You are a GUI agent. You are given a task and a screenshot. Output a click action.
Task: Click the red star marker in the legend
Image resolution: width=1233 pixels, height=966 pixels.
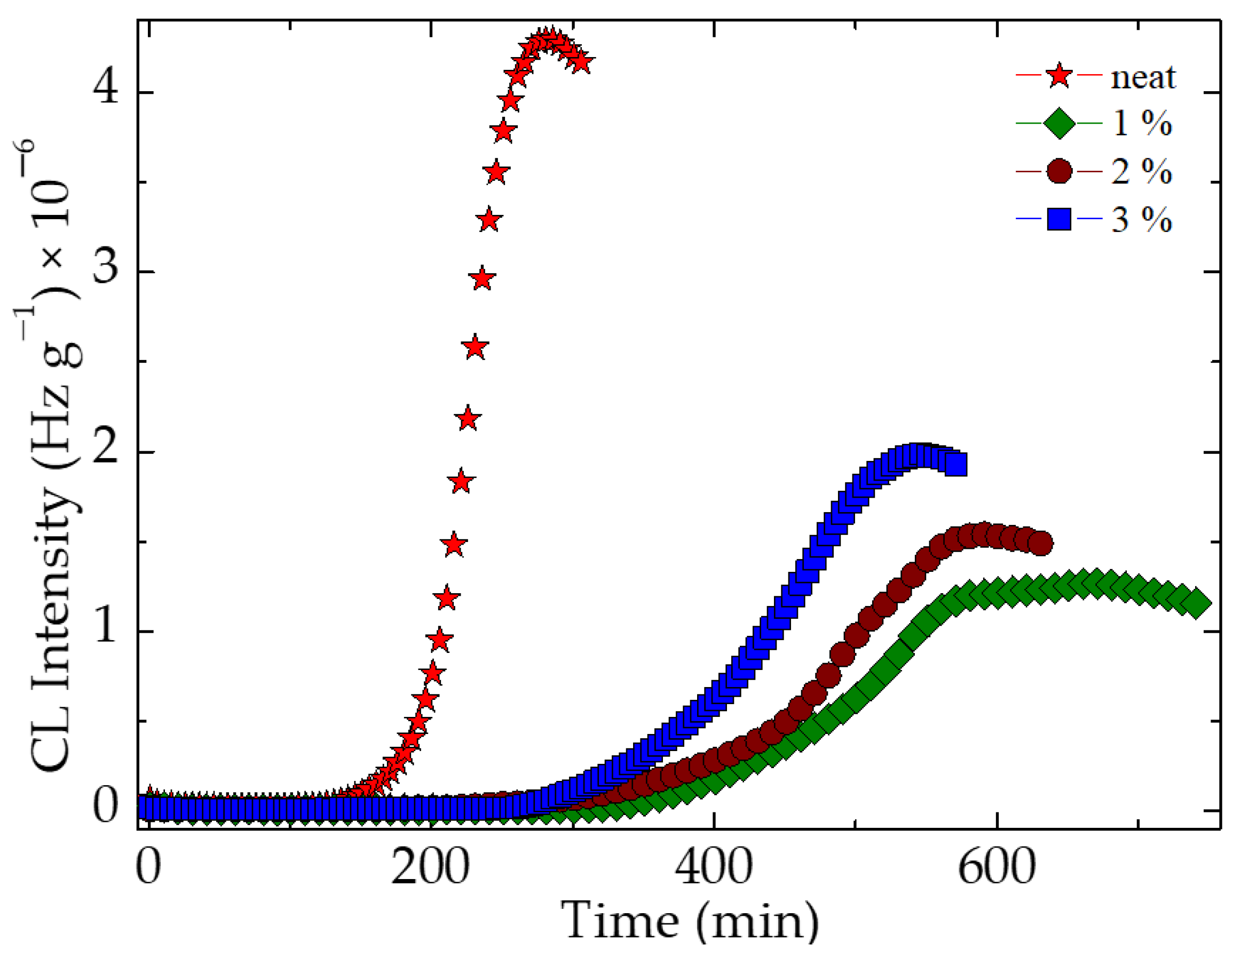coord(1058,76)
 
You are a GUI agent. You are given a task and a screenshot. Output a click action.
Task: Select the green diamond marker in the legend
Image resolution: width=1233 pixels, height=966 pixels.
coord(1058,123)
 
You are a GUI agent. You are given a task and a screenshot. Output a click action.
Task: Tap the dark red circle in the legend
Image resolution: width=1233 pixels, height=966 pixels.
coord(1058,171)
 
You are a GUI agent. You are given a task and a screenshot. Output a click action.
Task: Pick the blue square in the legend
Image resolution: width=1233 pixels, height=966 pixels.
coord(1058,219)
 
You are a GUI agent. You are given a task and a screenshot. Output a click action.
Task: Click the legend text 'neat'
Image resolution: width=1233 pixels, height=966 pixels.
coord(1142,77)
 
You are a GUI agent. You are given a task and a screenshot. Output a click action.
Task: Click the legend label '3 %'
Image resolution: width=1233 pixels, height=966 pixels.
coord(1141,219)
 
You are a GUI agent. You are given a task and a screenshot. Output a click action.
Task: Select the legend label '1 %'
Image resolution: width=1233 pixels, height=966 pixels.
coord(1141,123)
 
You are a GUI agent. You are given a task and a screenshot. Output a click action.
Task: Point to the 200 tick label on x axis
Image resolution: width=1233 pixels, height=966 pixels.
coord(430,867)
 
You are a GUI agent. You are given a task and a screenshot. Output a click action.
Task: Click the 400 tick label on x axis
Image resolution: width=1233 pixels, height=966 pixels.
coord(714,867)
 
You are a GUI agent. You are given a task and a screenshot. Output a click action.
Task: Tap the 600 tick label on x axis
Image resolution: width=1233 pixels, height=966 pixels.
coord(997,867)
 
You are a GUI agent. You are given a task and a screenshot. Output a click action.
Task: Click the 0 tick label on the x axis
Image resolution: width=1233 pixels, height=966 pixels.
coord(148,867)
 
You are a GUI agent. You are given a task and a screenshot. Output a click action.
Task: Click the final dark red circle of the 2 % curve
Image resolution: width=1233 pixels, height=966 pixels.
coord(1040,544)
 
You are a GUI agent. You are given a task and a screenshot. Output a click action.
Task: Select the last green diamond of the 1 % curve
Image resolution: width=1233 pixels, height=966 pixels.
coord(1195,603)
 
